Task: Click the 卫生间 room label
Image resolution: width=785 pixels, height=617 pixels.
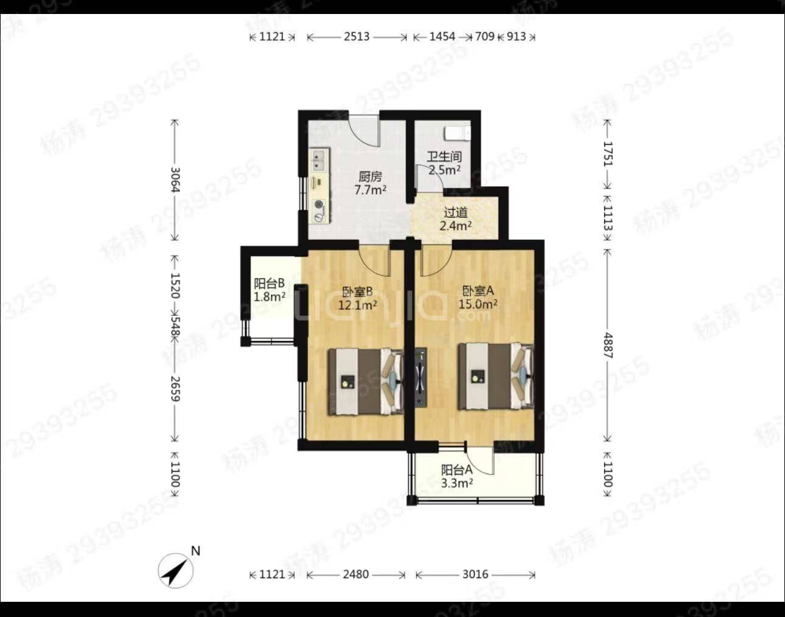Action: tap(444, 156)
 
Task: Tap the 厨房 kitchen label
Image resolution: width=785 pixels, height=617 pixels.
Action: tap(370, 176)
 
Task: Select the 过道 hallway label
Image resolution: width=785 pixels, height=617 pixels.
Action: tap(455, 213)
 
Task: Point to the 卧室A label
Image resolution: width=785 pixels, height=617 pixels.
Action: tap(478, 291)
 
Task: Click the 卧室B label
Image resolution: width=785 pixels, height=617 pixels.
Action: tap(358, 291)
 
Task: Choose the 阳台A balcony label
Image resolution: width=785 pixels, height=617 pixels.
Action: tap(457, 470)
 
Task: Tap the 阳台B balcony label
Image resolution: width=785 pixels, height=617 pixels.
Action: tap(269, 283)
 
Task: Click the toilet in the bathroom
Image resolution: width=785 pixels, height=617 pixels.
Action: tap(458, 133)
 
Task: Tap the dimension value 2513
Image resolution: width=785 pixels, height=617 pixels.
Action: tap(357, 37)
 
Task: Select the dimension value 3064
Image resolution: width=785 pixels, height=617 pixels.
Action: tap(175, 180)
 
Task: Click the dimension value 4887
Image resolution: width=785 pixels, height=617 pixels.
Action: tap(608, 346)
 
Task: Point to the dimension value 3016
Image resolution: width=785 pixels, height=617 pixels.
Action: tap(475, 574)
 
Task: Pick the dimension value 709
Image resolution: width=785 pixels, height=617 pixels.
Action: tap(485, 37)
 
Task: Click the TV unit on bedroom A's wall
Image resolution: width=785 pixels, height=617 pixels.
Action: tap(420, 378)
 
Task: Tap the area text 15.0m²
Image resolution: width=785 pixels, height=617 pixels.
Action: tap(478, 304)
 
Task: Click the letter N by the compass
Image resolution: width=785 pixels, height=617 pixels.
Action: tap(195, 551)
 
